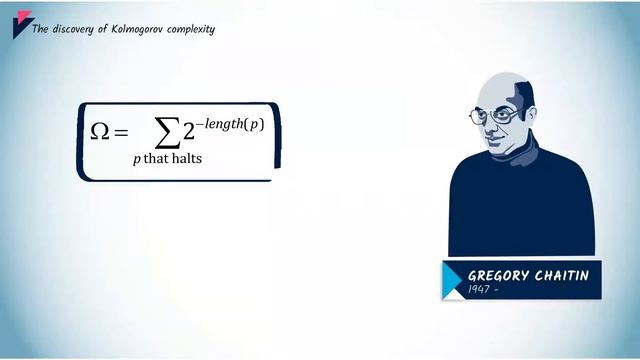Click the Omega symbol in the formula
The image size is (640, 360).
(x=100, y=131)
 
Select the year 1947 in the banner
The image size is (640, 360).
(x=480, y=290)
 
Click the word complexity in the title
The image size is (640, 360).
(x=190, y=29)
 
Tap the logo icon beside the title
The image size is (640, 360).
(x=21, y=26)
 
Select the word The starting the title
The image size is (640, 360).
(x=41, y=29)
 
